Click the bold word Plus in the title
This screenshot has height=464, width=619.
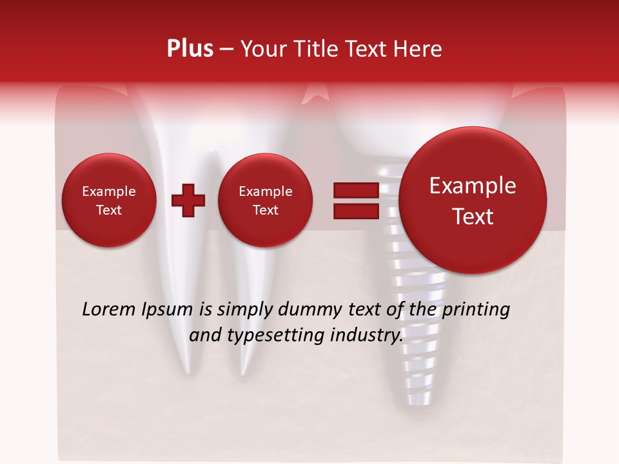190,49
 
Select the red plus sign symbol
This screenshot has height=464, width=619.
188,200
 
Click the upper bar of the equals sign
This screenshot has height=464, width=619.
355,190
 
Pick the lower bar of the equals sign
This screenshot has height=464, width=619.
355,211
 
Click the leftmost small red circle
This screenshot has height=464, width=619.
109,200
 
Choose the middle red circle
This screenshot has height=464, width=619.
266,200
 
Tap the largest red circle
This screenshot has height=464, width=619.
473,200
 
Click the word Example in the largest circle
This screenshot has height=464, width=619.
473,186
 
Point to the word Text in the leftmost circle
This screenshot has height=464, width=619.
109,210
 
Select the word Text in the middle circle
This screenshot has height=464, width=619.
266,210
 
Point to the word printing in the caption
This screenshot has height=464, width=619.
475,310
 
